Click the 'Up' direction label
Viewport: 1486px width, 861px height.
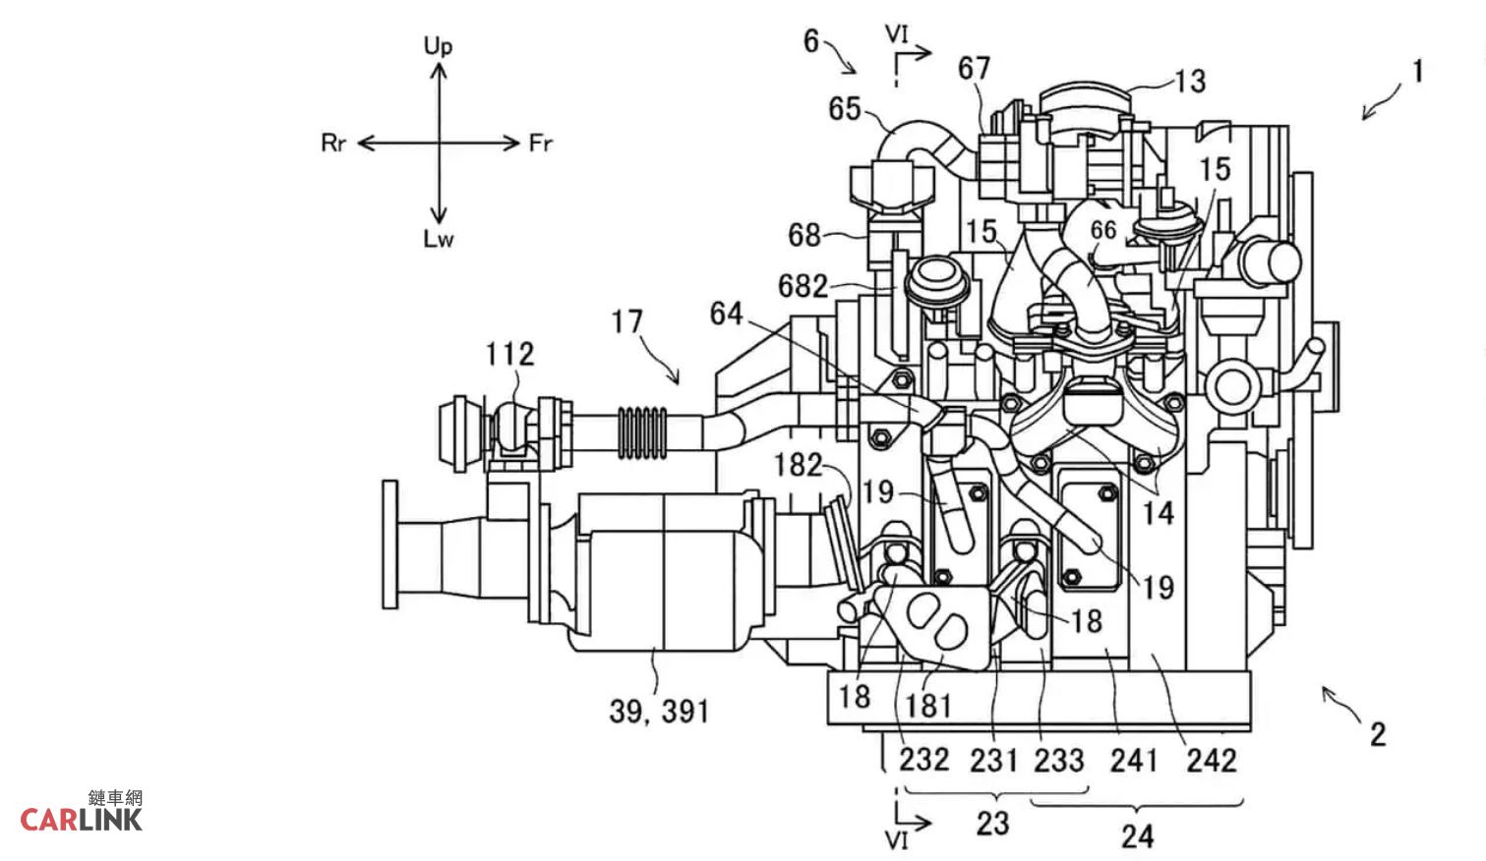tap(438, 46)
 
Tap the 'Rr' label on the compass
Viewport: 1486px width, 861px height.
tap(333, 143)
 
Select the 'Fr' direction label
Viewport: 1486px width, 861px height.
tap(541, 143)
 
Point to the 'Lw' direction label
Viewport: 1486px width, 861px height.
tap(438, 239)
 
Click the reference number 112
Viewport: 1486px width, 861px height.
tap(509, 354)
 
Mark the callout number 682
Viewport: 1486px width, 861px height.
tap(802, 286)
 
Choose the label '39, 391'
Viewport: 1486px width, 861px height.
tap(659, 712)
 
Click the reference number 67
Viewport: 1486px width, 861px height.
tap(974, 68)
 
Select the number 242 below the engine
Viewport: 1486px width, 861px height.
tap(1212, 761)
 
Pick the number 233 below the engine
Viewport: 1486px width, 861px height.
tap(1059, 761)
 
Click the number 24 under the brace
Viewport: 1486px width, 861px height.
tap(1137, 836)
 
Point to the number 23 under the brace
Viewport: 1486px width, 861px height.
tap(992, 824)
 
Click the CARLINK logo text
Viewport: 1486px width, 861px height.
tap(81, 820)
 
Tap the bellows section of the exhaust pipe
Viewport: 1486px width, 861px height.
tap(642, 432)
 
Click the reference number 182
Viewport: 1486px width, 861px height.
tap(798, 465)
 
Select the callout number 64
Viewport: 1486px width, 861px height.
tap(727, 314)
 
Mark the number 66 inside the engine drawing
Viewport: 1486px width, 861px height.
tap(1103, 230)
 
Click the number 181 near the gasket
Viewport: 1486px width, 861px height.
tap(928, 707)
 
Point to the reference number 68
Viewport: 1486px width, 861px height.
tap(804, 235)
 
